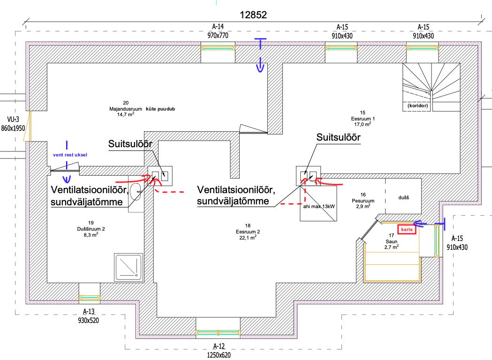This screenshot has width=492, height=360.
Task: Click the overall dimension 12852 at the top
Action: point(253,15)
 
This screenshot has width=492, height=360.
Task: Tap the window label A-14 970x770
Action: point(218,31)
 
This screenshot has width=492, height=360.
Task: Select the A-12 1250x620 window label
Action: point(218,352)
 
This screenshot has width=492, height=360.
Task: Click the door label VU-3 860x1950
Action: point(13,123)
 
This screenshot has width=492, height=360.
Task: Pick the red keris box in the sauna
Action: point(406,230)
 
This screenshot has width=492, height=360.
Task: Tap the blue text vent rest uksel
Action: point(70,154)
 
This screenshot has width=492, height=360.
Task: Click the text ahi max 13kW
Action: point(319,206)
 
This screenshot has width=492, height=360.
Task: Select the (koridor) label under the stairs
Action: point(419,106)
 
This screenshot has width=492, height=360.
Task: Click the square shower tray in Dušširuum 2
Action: point(129,267)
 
